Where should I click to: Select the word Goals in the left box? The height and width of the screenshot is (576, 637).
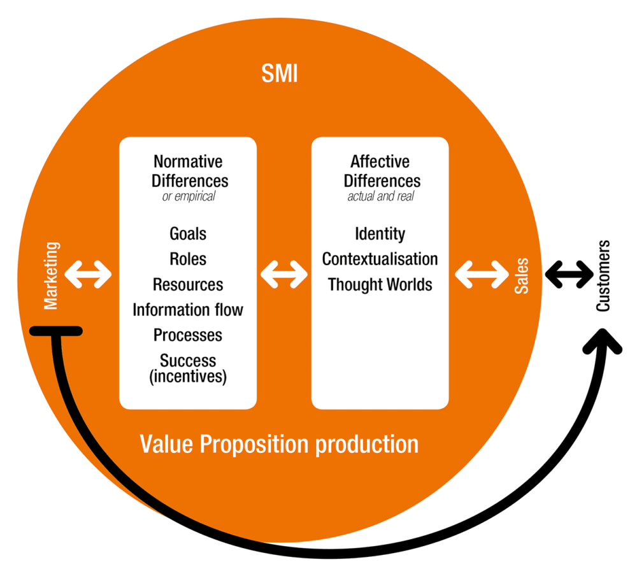click(x=188, y=234)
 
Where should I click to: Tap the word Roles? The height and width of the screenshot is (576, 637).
click(x=188, y=259)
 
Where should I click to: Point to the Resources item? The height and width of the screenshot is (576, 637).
click(x=188, y=285)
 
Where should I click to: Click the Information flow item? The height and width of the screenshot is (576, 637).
click(x=188, y=310)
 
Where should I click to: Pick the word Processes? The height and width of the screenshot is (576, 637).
click(x=188, y=335)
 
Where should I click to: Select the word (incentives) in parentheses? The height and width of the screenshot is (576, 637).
click(x=188, y=377)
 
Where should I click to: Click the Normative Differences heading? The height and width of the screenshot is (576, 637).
click(x=189, y=171)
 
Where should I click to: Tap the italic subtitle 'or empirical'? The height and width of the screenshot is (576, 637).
click(x=189, y=196)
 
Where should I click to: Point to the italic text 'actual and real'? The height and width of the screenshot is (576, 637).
click(x=380, y=196)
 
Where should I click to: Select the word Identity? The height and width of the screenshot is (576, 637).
click(x=380, y=234)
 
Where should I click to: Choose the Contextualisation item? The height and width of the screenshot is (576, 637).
click(x=380, y=259)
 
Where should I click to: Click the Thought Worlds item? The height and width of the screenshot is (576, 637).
click(x=380, y=285)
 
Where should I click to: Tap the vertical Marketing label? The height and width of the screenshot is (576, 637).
click(x=51, y=275)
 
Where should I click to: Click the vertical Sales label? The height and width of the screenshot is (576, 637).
click(x=522, y=275)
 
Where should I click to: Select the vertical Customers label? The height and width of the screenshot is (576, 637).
click(x=603, y=275)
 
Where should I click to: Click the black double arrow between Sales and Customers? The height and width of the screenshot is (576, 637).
click(x=568, y=275)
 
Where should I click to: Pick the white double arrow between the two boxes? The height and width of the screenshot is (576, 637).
click(x=284, y=275)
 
